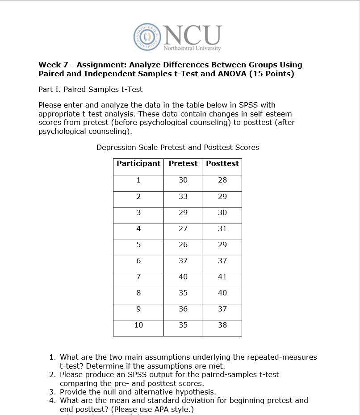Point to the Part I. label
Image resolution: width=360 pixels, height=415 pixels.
50,89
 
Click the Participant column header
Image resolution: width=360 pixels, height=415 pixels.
138,163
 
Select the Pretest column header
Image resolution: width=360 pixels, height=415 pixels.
183,163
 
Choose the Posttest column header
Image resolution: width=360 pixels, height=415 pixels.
222,163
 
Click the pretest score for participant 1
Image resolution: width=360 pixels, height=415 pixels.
183,180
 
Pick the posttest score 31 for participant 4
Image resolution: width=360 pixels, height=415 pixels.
222,228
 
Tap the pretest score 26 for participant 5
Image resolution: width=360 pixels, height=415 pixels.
183,245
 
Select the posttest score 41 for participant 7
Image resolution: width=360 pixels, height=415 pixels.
222,277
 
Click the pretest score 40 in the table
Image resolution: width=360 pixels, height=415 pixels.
183,277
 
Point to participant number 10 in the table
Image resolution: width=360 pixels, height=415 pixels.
138,325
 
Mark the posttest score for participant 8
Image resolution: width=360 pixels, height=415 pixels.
222,293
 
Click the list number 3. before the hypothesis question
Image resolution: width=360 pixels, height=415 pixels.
53,392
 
